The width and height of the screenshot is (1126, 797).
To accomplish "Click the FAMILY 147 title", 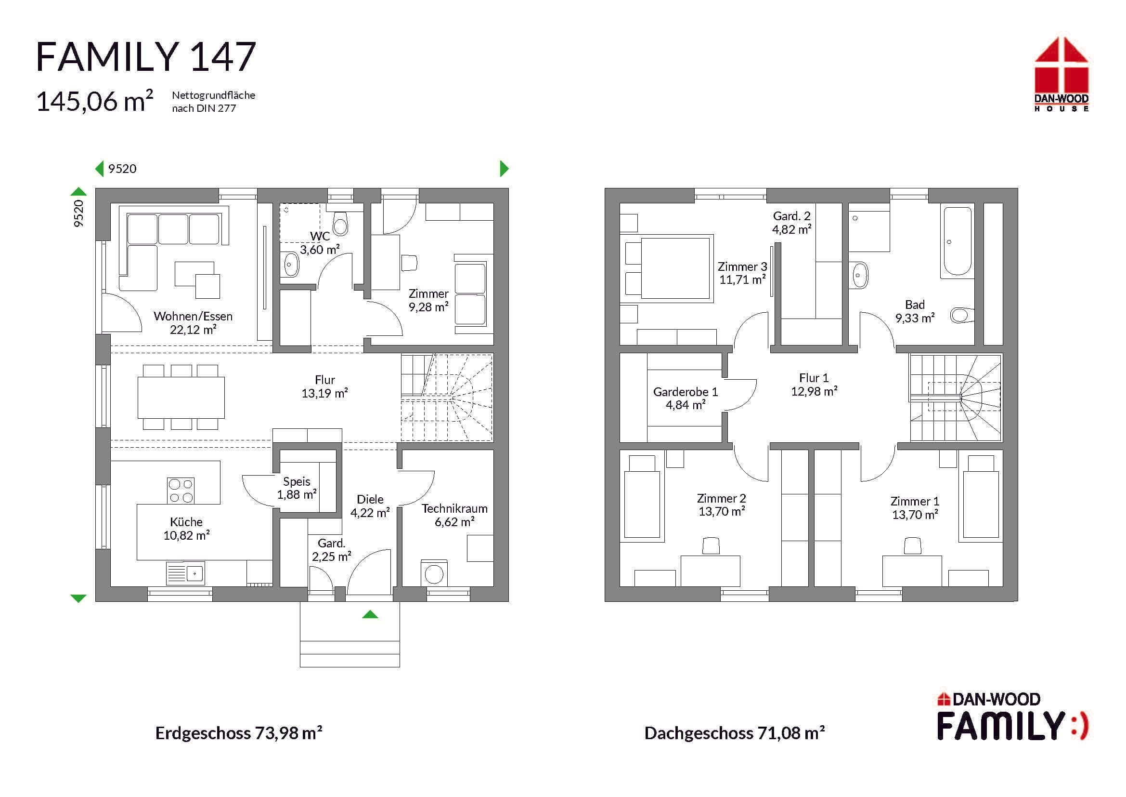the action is click(146, 57).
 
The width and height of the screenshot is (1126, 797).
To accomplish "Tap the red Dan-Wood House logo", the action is click(1062, 74).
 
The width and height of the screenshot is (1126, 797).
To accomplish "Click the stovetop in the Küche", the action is click(181, 490).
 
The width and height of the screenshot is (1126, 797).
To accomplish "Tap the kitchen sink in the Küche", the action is click(185, 573).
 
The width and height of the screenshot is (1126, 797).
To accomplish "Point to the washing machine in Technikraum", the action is click(434, 573).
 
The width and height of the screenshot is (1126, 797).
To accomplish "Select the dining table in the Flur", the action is click(181, 398).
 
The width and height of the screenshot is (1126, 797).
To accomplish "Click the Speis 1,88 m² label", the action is click(297, 488).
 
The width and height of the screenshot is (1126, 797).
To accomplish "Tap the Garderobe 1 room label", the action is click(686, 398).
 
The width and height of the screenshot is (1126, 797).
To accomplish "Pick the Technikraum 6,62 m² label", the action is click(454, 515).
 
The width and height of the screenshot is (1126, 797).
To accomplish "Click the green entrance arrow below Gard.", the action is click(370, 614).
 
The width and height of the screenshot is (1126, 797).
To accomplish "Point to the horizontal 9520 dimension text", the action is click(122, 169).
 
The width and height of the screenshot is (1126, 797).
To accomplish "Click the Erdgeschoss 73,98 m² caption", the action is click(239, 733).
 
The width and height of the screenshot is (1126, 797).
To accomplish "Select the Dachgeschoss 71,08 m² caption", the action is click(734, 733).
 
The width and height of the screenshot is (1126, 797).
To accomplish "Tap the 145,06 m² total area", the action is click(95, 101).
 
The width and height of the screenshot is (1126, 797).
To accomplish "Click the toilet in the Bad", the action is click(962, 315).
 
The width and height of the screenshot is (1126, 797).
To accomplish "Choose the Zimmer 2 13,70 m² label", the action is click(722, 505).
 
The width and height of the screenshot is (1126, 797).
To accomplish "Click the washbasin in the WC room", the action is click(290, 265).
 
